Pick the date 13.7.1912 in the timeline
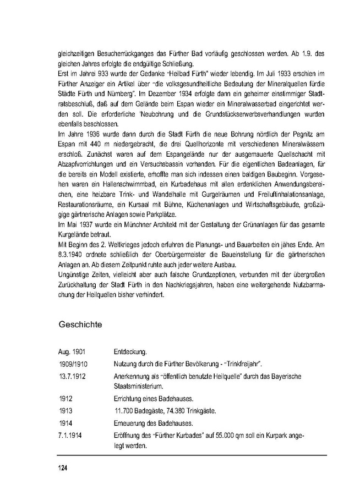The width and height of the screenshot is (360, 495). click(x=73, y=377)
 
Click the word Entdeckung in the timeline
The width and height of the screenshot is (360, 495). click(x=130, y=351)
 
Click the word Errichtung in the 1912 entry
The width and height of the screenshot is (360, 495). click(x=129, y=398)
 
